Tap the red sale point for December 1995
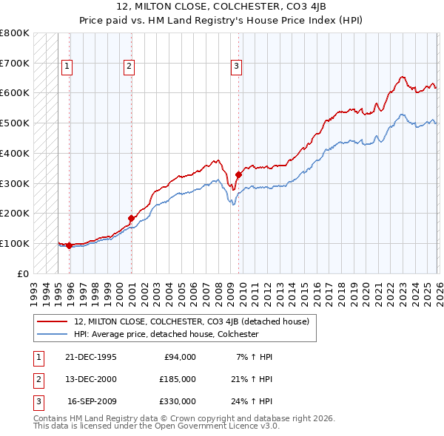click(x=70, y=245)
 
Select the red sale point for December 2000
click(x=131, y=218)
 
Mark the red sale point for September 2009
click(x=238, y=174)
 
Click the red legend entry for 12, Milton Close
click(x=195, y=321)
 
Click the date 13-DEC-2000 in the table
click(x=91, y=379)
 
